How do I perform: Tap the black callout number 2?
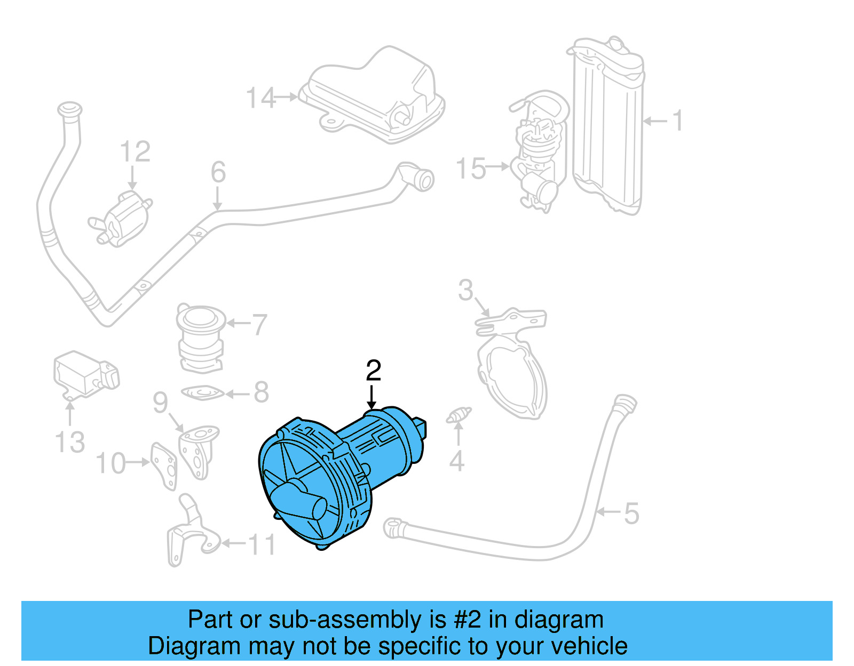[x=374, y=371]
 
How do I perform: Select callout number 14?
[x=260, y=98]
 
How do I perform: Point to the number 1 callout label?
[x=677, y=121]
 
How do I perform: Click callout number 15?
[x=471, y=168]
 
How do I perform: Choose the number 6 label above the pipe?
[x=218, y=172]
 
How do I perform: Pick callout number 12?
[x=135, y=152]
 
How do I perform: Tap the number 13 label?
[x=70, y=442]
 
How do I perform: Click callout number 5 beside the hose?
[x=631, y=513]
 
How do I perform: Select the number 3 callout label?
[x=466, y=291]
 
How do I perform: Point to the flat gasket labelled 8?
[x=202, y=394]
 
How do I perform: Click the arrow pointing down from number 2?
[x=371, y=397]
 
